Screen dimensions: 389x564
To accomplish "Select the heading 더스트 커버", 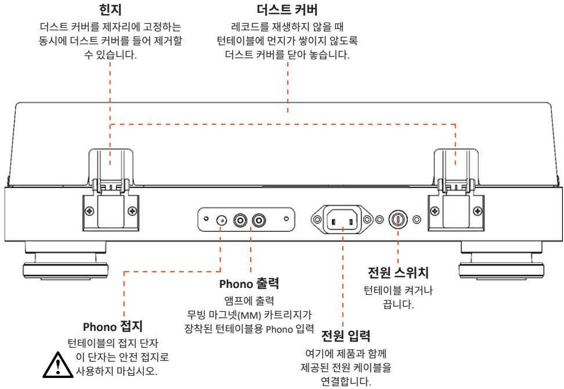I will pos(287,11).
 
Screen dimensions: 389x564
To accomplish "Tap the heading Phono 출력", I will pos(250,284).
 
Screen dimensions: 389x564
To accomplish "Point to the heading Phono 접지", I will pos(113,326).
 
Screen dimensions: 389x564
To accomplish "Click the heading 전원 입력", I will pos(346,336).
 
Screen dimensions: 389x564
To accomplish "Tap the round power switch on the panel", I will pos(397,220).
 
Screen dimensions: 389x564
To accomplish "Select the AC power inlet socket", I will pos(342,220).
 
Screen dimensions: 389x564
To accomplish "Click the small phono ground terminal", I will pos(221,220).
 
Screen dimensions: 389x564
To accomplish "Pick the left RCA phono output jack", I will pos(240,220).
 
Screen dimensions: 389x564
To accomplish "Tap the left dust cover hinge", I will pos(110,174).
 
